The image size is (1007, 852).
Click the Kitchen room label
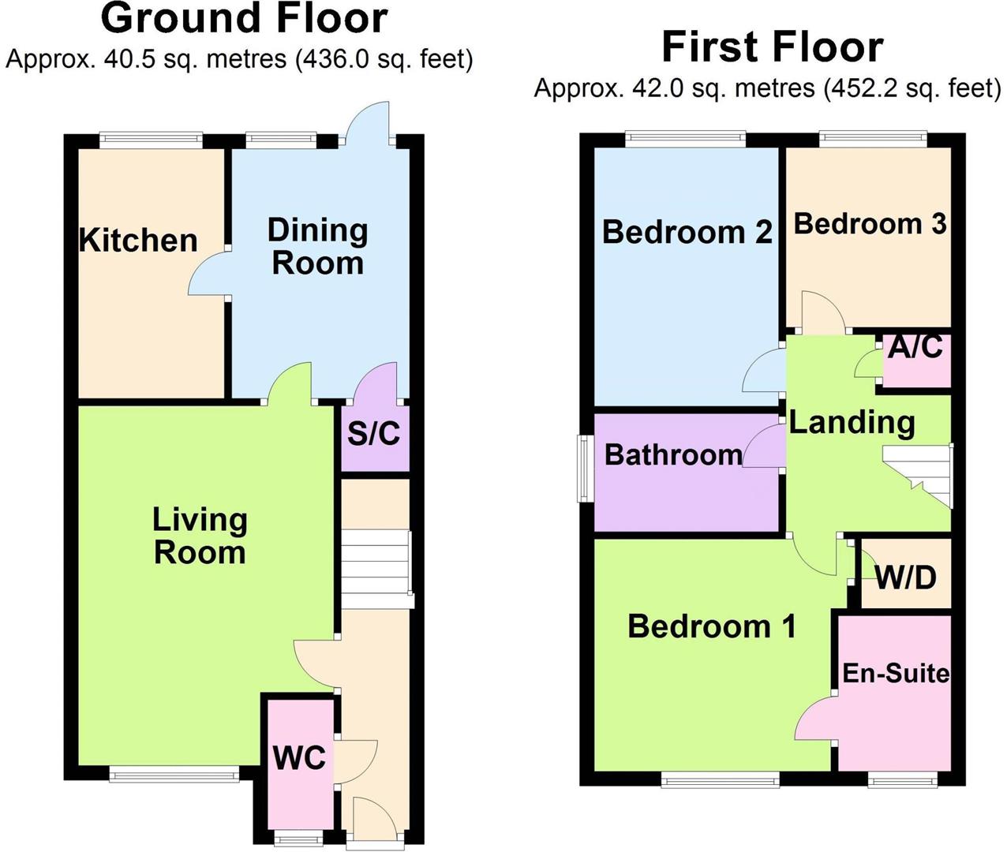pyautogui.click(x=138, y=241)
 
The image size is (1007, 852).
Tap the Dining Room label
pyautogui.click(x=317, y=246)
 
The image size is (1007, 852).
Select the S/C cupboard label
pyautogui.click(x=373, y=432)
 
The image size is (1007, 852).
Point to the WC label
pyautogui.click(x=299, y=758)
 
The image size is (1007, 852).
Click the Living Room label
pyautogui.click(x=200, y=536)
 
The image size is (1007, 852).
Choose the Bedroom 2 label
pyautogui.click(x=687, y=231)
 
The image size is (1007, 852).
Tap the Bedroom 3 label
pyautogui.click(x=870, y=223)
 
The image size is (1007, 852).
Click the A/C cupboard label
pyautogui.click(x=915, y=347)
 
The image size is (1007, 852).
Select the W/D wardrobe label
pyautogui.click(x=906, y=577)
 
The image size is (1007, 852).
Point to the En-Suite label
pyautogui.click(x=896, y=674)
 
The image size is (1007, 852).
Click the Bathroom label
pyautogui.click(x=674, y=454)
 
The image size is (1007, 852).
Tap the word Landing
pyautogui.click(x=852, y=422)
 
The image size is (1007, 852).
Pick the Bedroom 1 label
pyautogui.click(x=712, y=626)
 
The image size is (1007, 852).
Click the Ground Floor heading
pyautogui.click(x=244, y=19)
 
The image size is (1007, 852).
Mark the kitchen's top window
pyautogui.click(x=151, y=140)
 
